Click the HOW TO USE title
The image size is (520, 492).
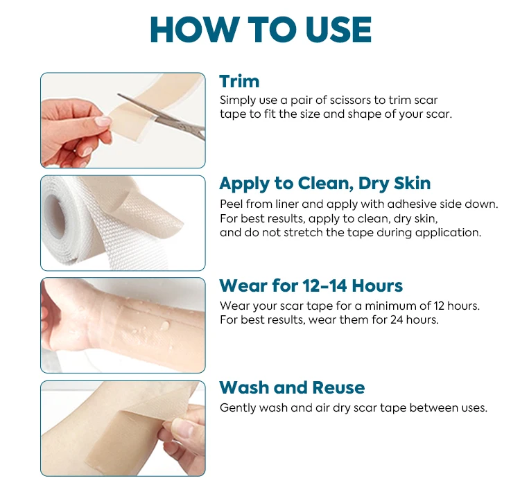tap(261, 30)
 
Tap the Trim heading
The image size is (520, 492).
tap(239, 82)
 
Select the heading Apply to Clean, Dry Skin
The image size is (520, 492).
tap(325, 184)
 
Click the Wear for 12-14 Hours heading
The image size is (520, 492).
tap(311, 285)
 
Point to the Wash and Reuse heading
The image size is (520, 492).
tap(292, 387)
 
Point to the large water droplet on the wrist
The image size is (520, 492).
tap(164, 326)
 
